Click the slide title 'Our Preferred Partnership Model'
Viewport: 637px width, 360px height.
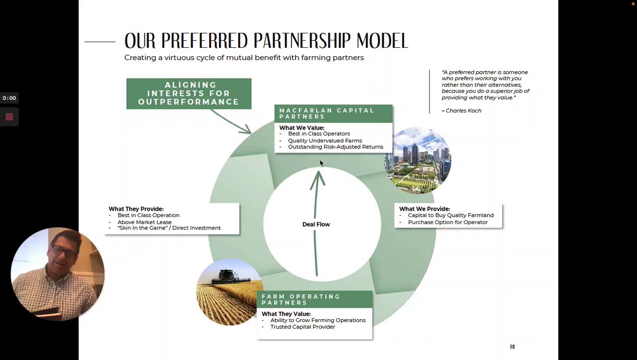266,41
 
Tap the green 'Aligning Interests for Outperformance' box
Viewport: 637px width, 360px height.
189,94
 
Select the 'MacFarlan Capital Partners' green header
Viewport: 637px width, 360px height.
333,114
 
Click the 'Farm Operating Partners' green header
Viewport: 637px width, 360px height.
315,299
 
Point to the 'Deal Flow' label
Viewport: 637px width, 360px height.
316,225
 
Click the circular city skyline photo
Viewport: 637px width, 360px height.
418,160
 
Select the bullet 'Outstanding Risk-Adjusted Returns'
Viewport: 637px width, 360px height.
335,147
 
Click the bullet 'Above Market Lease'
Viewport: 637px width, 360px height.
144,222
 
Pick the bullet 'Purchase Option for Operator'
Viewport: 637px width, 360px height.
447,222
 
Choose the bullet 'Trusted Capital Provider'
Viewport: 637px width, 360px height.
303,327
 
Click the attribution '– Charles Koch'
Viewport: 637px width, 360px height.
461,111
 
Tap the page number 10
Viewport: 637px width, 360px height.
512,347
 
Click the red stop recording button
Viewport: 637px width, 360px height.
9,117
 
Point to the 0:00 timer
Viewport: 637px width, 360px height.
9,98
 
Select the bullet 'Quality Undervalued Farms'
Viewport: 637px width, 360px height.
325,140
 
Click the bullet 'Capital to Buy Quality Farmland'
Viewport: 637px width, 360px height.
450,215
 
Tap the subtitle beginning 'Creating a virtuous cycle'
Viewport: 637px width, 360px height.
244,58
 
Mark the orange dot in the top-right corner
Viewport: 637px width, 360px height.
633,3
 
